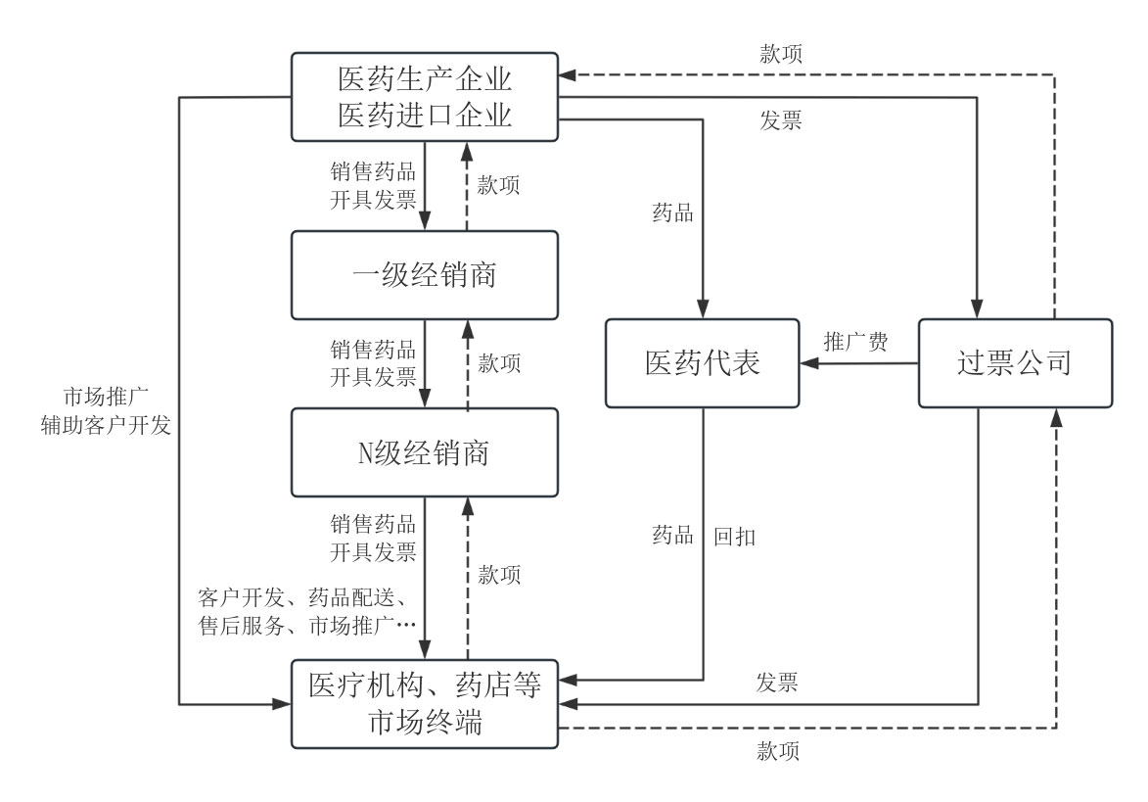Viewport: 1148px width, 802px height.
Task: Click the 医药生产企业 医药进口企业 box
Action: [x=425, y=96]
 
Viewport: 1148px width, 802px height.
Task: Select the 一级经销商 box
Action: [x=425, y=275]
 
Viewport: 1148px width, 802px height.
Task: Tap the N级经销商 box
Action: [x=425, y=453]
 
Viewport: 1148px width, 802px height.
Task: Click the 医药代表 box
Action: [x=703, y=363]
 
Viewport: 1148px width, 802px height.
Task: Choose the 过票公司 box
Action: [x=1014, y=363]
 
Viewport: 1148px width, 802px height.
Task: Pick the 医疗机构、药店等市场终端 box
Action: [x=425, y=703]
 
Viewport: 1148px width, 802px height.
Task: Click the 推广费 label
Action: [x=856, y=343]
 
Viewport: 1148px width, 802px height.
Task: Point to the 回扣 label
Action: [x=734, y=536]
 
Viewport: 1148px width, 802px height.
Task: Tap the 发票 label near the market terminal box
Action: [x=778, y=683]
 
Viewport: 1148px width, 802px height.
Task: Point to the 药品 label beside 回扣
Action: [x=673, y=536]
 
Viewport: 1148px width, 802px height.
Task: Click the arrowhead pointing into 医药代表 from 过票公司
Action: [x=808, y=363]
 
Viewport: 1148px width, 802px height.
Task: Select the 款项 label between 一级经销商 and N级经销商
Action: [x=499, y=363]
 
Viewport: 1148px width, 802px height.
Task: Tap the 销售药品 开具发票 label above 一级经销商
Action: [x=373, y=184]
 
